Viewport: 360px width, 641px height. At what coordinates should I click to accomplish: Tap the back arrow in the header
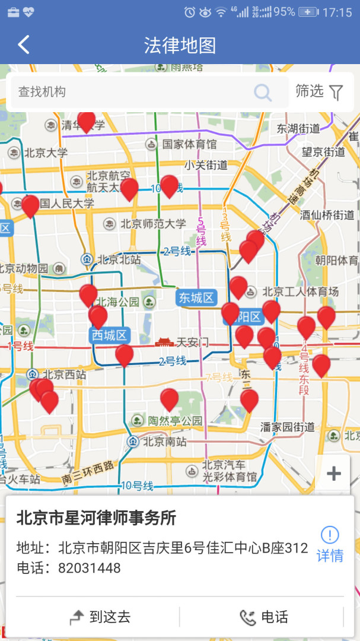(24, 45)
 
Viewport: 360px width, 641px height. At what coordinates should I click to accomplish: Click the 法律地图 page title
(180, 45)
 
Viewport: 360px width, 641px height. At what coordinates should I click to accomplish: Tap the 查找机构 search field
(130, 92)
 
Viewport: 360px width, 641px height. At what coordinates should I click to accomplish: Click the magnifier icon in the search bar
(262, 93)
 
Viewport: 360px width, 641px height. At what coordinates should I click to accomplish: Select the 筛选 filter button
(320, 92)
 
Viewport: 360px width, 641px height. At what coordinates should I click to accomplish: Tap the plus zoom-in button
(334, 473)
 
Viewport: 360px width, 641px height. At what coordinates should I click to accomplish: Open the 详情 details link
(330, 544)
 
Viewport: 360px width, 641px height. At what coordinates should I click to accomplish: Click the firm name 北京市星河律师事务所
(96, 518)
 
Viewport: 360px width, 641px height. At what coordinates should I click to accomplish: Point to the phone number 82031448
(89, 568)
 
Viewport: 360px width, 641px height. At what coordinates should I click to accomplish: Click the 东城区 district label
(196, 298)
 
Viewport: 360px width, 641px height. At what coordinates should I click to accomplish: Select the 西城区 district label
(109, 335)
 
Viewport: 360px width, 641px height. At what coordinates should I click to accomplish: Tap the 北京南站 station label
(164, 441)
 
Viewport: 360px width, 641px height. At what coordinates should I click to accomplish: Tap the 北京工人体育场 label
(300, 291)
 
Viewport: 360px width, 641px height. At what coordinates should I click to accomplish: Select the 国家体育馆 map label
(189, 144)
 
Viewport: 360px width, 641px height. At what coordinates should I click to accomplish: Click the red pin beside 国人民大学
(30, 205)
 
